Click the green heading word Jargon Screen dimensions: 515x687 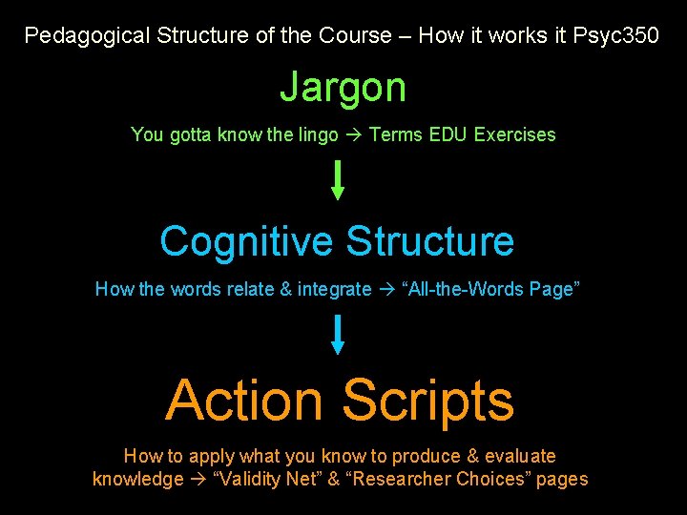(x=343, y=88)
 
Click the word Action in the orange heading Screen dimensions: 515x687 (x=244, y=400)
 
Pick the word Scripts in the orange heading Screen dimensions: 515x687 (x=428, y=400)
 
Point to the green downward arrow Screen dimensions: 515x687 (x=337, y=180)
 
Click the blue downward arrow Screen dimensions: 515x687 (x=337, y=335)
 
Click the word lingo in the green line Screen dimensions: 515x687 (x=318, y=134)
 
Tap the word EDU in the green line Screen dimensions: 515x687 (x=448, y=134)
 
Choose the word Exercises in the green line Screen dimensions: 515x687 (x=514, y=134)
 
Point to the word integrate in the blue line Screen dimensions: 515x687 (x=334, y=289)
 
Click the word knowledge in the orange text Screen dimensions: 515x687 (x=137, y=479)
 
